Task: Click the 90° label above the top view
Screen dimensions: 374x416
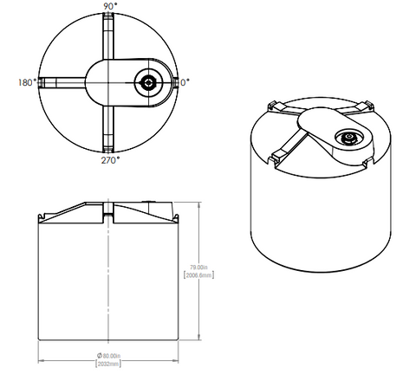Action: point(109,5)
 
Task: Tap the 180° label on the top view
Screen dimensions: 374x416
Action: point(25,83)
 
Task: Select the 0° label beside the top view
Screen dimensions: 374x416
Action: point(185,82)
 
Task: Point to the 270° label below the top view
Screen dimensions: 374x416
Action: point(109,160)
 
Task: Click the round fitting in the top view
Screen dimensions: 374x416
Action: point(149,83)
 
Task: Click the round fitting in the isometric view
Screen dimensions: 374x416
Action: point(349,138)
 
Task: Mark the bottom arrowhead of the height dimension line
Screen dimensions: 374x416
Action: point(201,339)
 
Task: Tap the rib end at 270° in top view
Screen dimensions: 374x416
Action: point(109,146)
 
